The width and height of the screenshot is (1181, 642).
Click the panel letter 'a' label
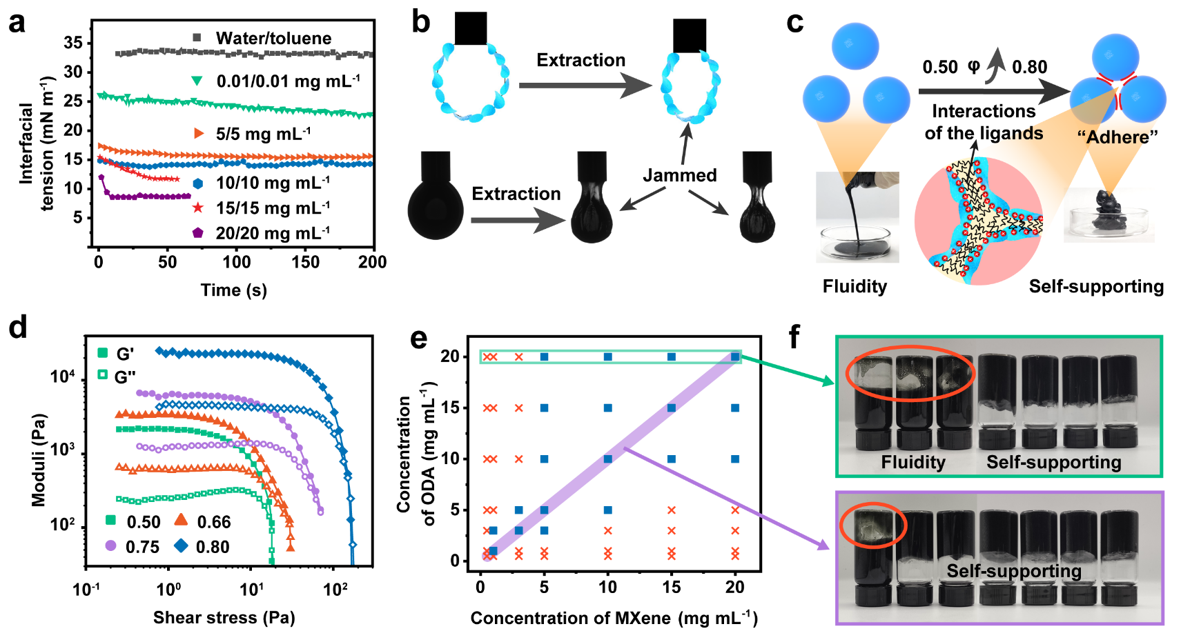point(17,22)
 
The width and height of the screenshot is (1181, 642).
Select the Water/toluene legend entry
point(273,38)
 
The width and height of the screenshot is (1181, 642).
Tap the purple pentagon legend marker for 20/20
point(198,233)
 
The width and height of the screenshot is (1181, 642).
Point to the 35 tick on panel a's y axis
point(73,43)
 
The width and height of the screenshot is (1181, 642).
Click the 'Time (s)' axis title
point(233,290)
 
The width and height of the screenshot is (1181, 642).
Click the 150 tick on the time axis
point(305,262)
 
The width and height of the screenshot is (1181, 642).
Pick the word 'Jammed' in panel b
point(679,175)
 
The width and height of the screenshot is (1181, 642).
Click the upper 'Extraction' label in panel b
point(580,60)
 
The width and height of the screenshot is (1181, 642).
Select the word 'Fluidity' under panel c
point(855,286)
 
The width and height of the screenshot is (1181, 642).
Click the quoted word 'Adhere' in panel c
point(1117,137)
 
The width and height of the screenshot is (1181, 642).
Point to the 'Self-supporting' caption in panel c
point(1096,286)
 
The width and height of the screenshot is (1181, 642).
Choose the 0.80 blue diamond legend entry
point(202,547)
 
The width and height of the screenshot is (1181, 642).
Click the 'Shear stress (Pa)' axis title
point(224,617)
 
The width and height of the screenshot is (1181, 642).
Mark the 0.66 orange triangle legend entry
point(203,522)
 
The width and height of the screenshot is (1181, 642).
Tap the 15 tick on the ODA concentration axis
point(450,408)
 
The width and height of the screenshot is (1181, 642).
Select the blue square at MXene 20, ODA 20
point(735,357)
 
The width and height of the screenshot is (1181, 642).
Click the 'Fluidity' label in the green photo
point(912,461)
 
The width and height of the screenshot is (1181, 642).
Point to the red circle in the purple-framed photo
point(872,525)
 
